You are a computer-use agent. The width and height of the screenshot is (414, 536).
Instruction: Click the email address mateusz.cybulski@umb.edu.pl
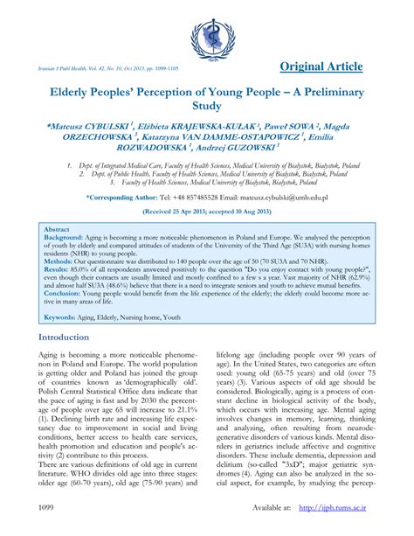(x=285, y=198)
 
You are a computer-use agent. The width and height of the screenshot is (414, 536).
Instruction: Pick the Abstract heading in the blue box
(x=58, y=228)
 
